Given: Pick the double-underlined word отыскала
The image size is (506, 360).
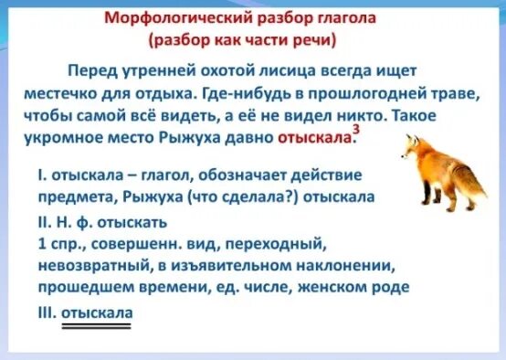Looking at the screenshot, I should pos(97,312).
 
